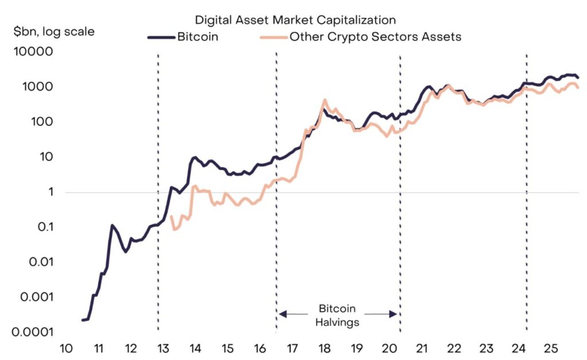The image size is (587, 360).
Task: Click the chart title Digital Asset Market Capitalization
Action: (295, 20)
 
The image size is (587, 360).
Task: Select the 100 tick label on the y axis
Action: (42, 122)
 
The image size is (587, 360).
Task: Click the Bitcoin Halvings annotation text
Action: (338, 315)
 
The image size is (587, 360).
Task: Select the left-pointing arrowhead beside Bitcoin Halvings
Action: (282, 314)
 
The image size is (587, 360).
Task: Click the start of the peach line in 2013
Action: (171, 217)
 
